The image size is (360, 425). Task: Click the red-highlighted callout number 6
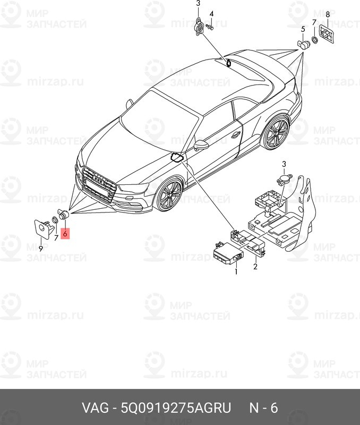(65, 233)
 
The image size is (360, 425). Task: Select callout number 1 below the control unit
(236, 271)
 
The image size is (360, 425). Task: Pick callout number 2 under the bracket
(255, 267)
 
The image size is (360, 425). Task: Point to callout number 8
(328, 14)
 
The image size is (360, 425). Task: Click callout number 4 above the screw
(211, 13)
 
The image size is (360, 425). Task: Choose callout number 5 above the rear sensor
(303, 29)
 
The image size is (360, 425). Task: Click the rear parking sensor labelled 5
(304, 44)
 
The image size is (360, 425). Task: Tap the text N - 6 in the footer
(264, 409)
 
